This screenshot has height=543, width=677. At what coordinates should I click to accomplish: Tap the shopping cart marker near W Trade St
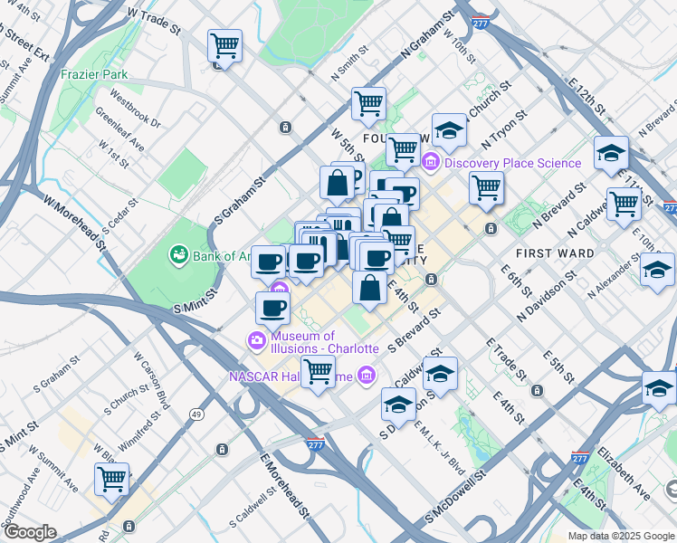point(224,45)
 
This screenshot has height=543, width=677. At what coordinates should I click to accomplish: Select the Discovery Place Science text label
point(513,163)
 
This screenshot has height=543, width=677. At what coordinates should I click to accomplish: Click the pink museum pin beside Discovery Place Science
point(431,163)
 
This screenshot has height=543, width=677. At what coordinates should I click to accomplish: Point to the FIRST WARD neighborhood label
point(555,253)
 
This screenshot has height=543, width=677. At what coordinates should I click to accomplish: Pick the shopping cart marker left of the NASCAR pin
point(318,371)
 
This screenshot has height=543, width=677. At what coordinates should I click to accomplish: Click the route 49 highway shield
point(195,414)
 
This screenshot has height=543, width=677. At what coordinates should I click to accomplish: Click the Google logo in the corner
point(29,532)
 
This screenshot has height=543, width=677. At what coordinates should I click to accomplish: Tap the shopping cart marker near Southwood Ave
point(111,479)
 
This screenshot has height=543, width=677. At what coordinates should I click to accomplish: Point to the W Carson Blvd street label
point(152,381)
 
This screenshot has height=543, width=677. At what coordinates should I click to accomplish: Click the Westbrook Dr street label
point(136,108)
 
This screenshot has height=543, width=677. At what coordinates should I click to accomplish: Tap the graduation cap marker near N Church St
point(449,132)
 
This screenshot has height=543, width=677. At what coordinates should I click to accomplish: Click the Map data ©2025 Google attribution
point(620,536)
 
